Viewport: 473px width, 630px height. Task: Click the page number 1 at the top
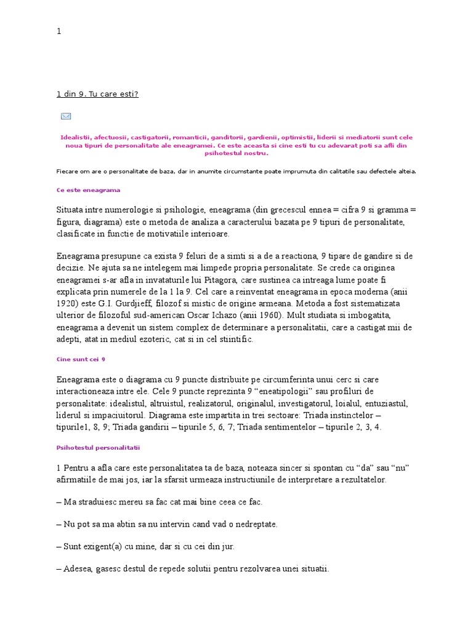[59, 31]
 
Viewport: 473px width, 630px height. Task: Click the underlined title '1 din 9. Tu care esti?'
[97, 94]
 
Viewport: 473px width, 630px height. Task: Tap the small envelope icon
[66, 116]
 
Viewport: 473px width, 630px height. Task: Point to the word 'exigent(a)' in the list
[107, 546]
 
